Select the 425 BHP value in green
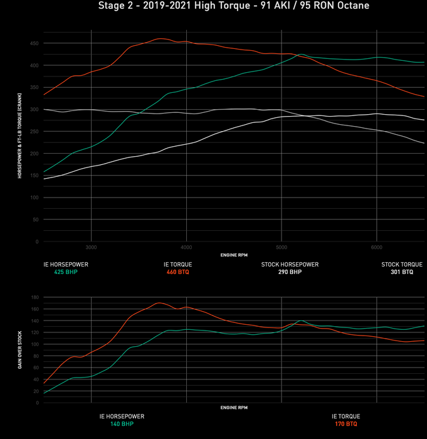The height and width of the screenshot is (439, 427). tap(66, 273)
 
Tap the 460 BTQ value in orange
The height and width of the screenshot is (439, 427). tap(178, 273)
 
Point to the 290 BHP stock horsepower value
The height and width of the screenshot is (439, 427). tap(290, 273)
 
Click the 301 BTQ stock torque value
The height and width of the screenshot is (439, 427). tap(402, 273)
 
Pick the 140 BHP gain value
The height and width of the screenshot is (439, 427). tap(122, 424)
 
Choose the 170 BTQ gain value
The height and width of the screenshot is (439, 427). tap(345, 424)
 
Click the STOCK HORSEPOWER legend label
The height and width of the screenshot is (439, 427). tap(290, 265)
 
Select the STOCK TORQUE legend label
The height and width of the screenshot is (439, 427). tap(402, 265)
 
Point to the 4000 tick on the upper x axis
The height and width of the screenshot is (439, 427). tap(186, 247)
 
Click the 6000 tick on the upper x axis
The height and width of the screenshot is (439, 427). tap(376, 247)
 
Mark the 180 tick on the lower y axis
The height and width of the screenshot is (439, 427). tap(34, 297)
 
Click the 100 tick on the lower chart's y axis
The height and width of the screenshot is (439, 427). tap(34, 344)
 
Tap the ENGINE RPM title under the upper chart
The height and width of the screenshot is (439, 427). tap(234, 255)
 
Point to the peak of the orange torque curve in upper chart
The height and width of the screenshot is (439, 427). tap(161, 39)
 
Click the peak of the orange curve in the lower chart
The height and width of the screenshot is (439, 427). tap(159, 303)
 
